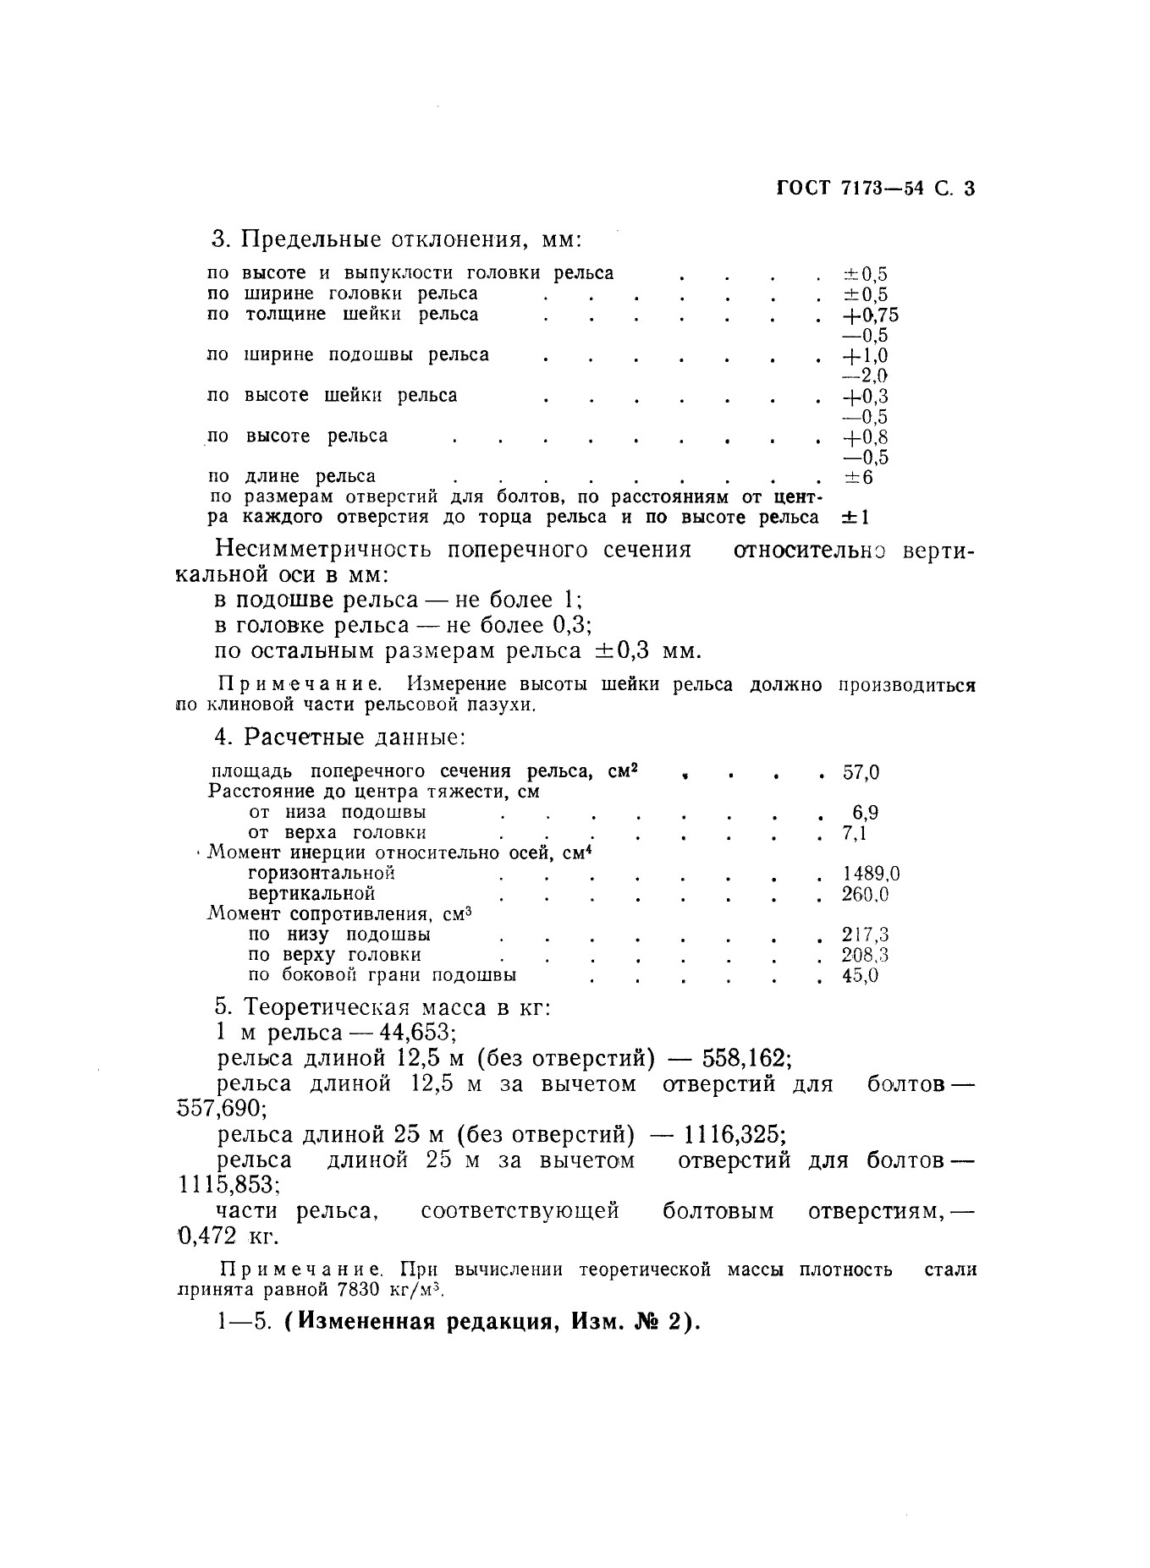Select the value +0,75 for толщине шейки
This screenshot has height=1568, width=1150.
pyautogui.click(x=870, y=315)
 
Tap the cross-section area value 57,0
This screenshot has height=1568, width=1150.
pyautogui.click(x=861, y=772)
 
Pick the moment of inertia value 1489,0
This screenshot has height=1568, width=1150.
pyautogui.click(x=871, y=874)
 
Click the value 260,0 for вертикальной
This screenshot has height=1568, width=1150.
pyautogui.click(x=866, y=894)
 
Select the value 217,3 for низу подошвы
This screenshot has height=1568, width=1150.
pyautogui.click(x=866, y=935)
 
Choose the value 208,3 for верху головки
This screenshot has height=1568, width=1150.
pyautogui.click(x=866, y=955)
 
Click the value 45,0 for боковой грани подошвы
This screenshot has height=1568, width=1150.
pyautogui.click(x=861, y=975)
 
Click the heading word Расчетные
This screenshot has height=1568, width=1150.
pyautogui.click(x=304, y=737)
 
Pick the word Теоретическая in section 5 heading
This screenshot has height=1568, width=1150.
pyautogui.click(x=333, y=1008)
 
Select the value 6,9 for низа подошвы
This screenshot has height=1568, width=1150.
pyautogui.click(x=865, y=813)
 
